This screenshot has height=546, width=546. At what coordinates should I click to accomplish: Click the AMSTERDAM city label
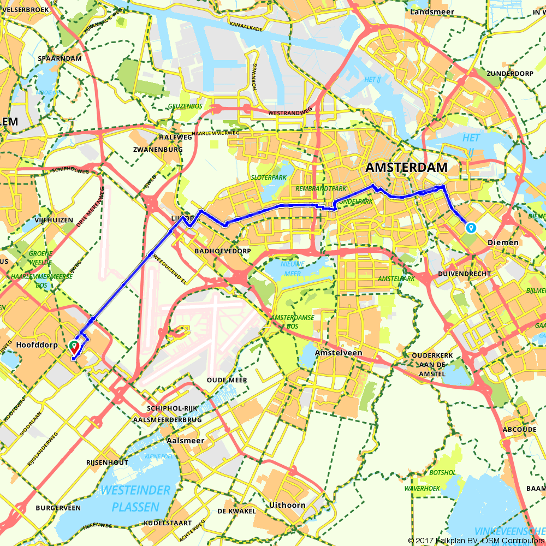click(x=407, y=168)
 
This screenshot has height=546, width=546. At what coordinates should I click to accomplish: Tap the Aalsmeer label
click(x=185, y=441)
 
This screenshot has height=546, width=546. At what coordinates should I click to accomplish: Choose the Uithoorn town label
click(x=287, y=505)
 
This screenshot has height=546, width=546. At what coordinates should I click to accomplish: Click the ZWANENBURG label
click(x=157, y=149)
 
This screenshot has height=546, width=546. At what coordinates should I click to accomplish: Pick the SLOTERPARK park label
click(x=268, y=178)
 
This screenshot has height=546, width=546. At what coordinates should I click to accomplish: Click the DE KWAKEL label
click(x=236, y=511)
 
